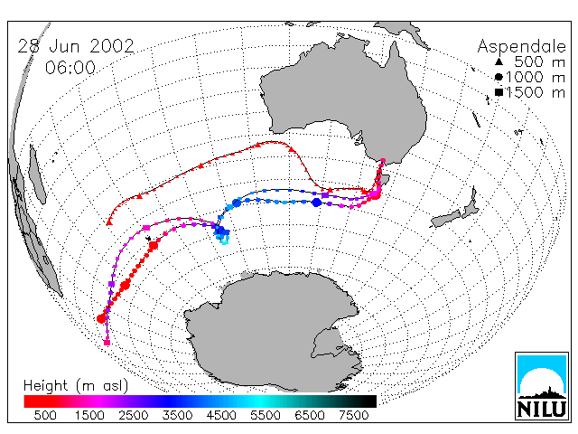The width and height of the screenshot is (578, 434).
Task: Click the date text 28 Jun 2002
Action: [76, 46]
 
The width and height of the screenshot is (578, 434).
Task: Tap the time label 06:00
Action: [70, 68]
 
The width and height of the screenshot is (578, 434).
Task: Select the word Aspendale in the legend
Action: [522, 47]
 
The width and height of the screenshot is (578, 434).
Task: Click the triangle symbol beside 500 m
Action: [499, 61]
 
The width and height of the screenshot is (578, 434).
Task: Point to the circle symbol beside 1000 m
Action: [499, 77]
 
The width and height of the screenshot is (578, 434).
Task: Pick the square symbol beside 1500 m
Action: [499, 92]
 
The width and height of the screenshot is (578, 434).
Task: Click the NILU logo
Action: [542, 386]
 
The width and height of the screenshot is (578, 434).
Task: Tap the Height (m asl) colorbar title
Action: [76, 386]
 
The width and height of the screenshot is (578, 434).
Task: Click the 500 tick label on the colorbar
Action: [45, 415]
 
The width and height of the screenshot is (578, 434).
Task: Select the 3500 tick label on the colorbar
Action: [177, 415]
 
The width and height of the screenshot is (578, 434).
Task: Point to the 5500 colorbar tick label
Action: [266, 415]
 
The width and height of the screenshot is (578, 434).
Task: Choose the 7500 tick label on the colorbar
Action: [353, 415]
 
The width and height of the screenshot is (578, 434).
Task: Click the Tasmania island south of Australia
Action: [384, 181]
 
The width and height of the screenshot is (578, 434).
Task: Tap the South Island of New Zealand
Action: [446, 219]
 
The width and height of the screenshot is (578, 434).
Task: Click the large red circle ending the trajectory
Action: [101, 318]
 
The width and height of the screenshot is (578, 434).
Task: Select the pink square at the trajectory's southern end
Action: [107, 343]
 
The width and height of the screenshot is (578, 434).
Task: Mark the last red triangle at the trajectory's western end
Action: [109, 222]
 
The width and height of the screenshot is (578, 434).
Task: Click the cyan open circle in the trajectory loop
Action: [224, 241]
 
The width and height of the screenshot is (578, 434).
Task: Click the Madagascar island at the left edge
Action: [37, 174]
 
